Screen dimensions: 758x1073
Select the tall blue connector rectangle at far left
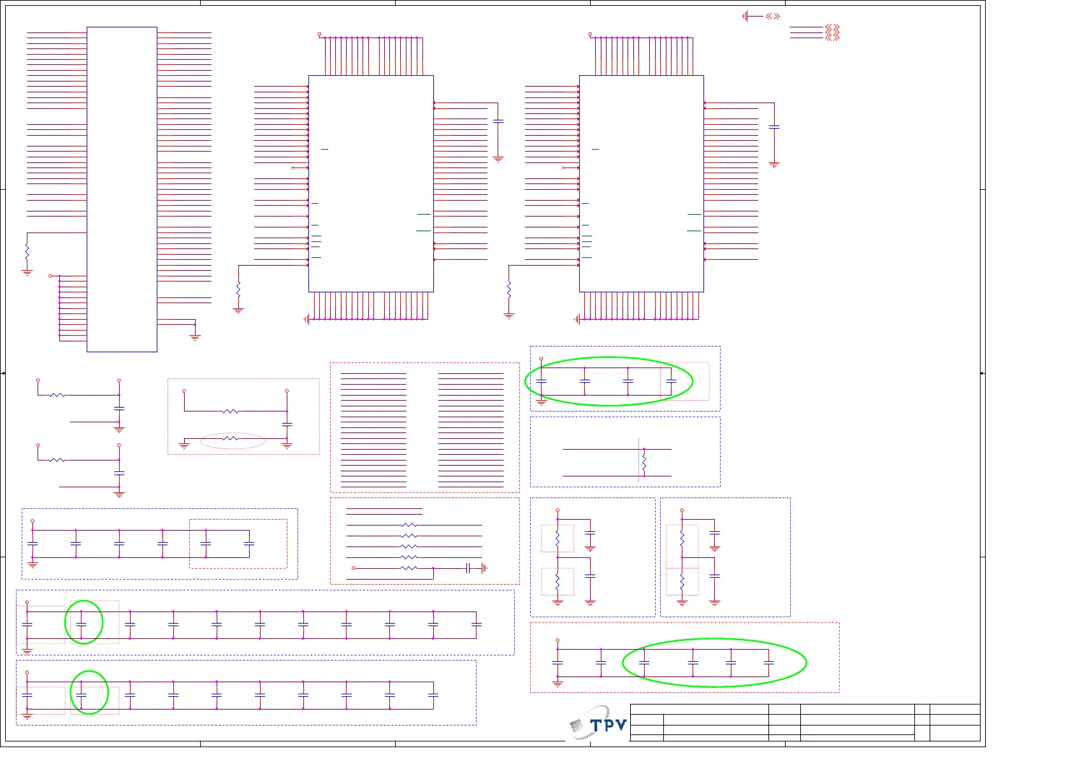(122, 189)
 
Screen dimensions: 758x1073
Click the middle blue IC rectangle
(371, 183)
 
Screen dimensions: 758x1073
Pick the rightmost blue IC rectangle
(641, 183)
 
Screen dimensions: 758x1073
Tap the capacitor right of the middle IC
(498, 121)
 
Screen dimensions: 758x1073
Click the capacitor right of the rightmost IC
(774, 127)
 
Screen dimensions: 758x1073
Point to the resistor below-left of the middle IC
(238, 289)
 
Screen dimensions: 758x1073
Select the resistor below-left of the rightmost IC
(509, 289)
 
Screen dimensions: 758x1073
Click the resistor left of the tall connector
(27, 252)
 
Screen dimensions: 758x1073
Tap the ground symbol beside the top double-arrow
(745, 16)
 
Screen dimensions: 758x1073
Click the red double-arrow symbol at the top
(773, 16)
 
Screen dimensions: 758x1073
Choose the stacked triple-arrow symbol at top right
(832, 32)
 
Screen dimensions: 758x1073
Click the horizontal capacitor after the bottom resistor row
(468, 568)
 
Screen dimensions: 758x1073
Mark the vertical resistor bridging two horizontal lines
(644, 462)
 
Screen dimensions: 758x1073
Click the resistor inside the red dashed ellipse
(231, 438)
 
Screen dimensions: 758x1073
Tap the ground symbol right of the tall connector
(195, 336)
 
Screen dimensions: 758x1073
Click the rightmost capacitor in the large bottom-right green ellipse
(769, 663)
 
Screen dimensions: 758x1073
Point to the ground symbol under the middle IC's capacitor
(498, 159)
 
